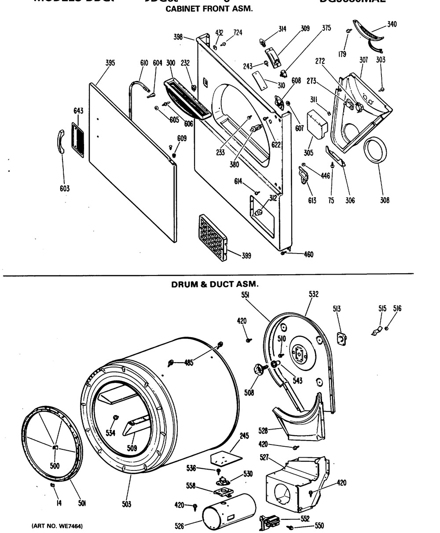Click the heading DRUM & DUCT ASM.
[214, 284]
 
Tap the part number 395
[110, 63]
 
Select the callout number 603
[65, 189]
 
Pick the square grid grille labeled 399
[213, 238]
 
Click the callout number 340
[391, 24]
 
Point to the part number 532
[313, 294]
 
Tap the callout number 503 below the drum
[127, 504]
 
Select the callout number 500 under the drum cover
[55, 466]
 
